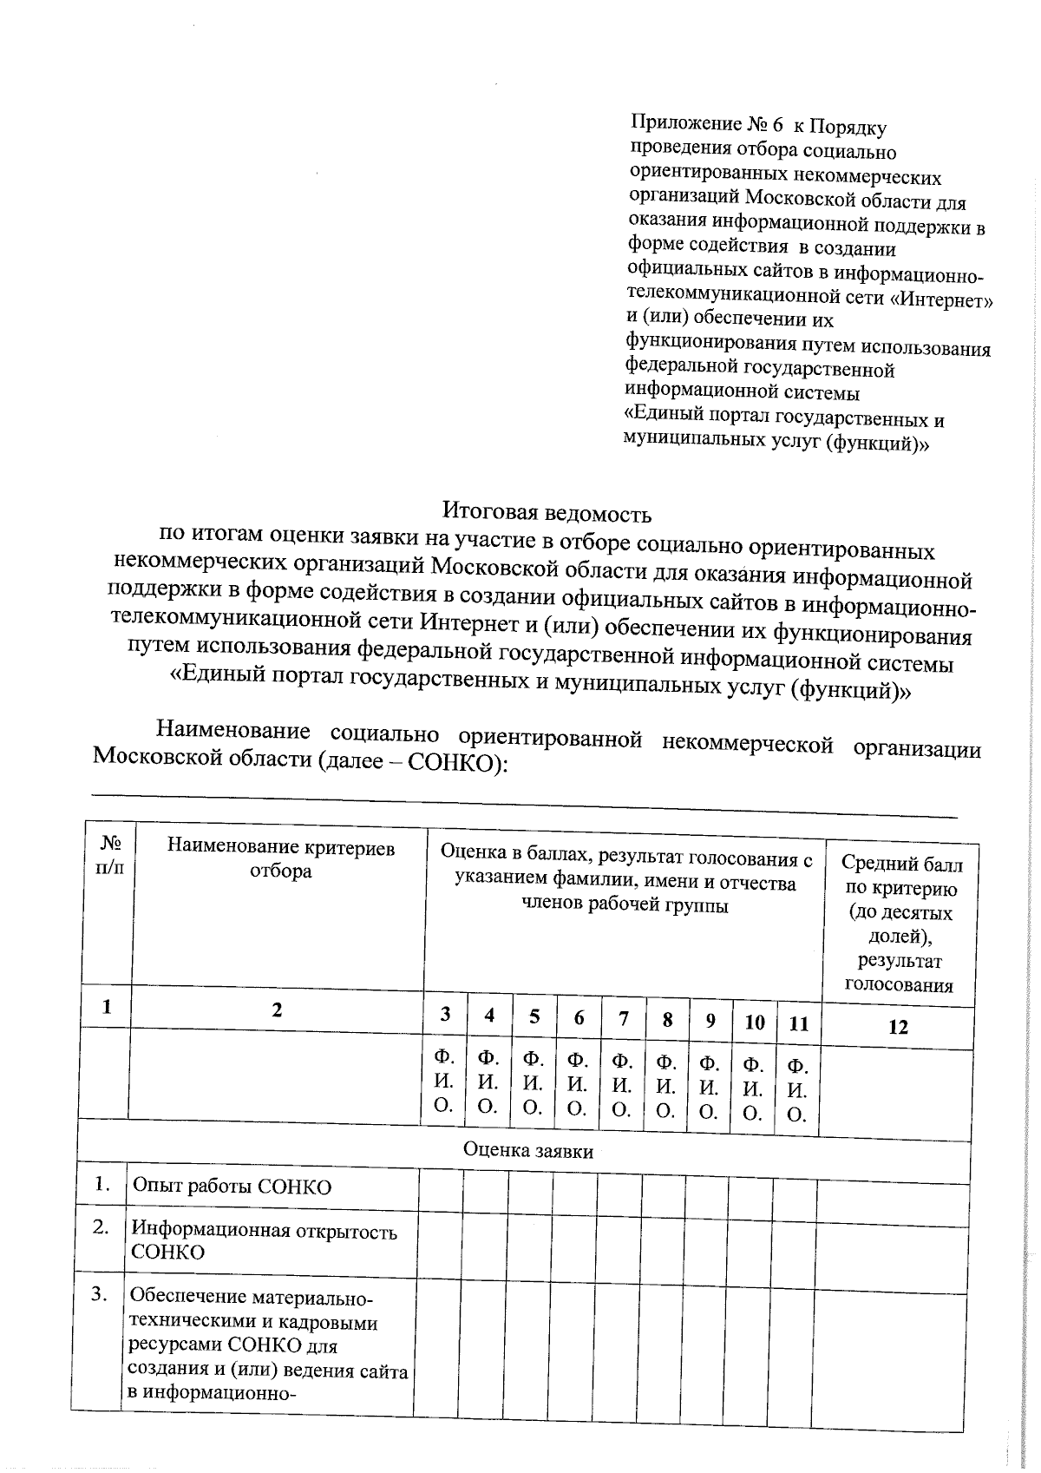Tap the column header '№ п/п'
point(110,856)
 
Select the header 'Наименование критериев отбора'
point(280,858)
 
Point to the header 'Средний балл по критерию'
point(901,876)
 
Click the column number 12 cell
point(899,1027)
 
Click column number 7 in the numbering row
point(623,1020)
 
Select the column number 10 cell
point(754,1023)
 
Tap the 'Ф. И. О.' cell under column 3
point(444,1082)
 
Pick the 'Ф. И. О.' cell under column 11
point(797,1089)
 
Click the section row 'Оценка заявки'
point(527,1151)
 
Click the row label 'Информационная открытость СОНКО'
point(264,1241)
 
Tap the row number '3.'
point(101,1295)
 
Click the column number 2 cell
point(277,1009)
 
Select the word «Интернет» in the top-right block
point(944,300)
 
